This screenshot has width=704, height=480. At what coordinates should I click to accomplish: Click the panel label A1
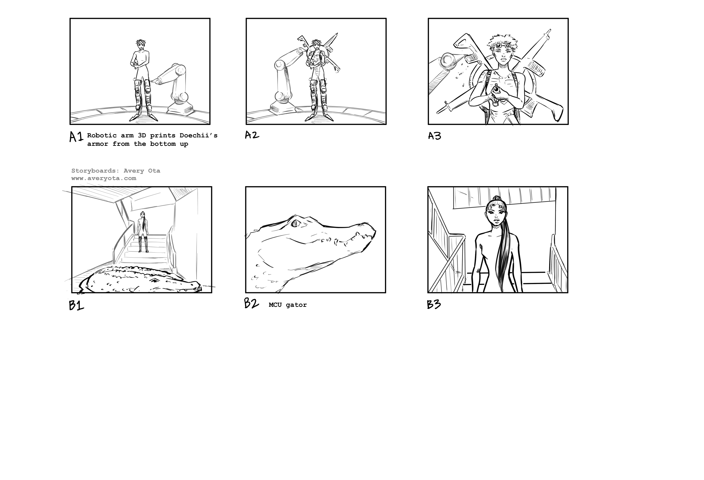[x=76, y=137]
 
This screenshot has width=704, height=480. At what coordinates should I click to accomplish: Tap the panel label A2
[x=252, y=135]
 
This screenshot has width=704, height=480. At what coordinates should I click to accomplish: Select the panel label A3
[x=435, y=136]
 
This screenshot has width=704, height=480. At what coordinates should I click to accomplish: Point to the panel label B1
[x=76, y=305]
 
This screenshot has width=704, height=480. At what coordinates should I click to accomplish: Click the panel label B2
[x=251, y=303]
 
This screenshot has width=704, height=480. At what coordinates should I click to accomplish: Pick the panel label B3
[x=434, y=304]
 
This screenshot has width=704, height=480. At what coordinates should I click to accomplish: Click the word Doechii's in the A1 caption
[x=199, y=135]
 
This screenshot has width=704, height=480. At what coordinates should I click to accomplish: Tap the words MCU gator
[x=288, y=305]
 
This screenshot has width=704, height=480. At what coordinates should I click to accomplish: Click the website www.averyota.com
[x=104, y=178]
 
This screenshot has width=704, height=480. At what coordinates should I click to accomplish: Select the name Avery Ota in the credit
[x=142, y=171]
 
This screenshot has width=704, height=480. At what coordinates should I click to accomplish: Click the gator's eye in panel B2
[x=295, y=224]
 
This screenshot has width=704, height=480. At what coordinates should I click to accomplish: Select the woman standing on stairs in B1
[x=143, y=232]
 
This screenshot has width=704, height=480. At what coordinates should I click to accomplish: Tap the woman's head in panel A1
[x=140, y=45]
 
